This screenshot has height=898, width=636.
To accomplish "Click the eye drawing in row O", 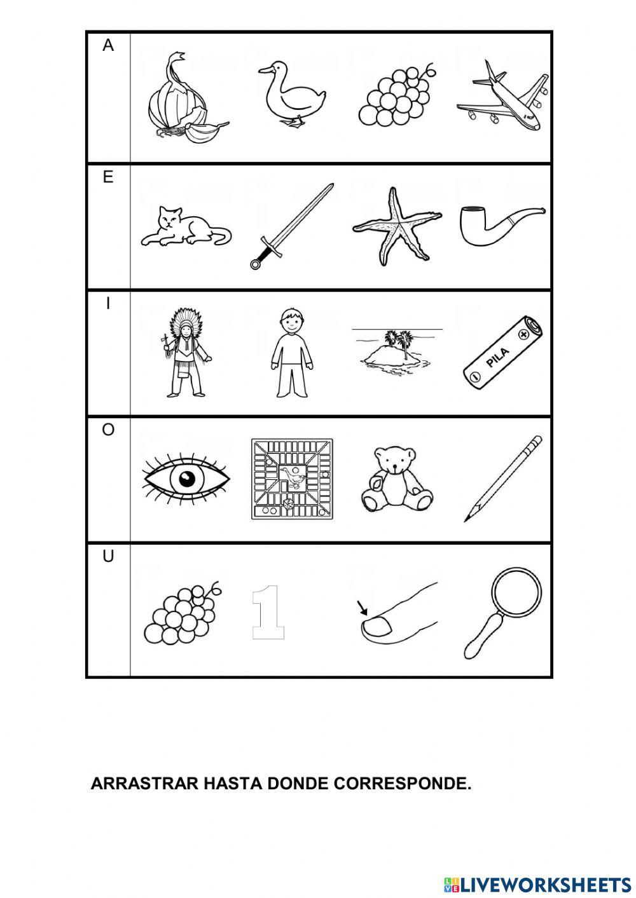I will tap(185, 479).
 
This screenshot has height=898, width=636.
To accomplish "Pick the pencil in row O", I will tap(503, 478).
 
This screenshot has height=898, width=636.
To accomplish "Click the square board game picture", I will tap(292, 479).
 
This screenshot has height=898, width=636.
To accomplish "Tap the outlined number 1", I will tap(267, 612).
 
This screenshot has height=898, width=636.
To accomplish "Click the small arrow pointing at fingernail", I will tap(364, 609).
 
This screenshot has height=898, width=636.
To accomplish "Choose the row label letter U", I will tap(108, 557).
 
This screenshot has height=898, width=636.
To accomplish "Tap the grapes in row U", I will tap(182, 613).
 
